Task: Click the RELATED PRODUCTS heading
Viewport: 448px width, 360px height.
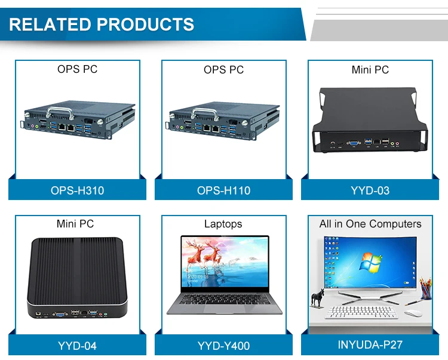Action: tap(102, 24)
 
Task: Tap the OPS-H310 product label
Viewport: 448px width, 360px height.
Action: tap(77, 190)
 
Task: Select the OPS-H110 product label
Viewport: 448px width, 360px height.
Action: tap(223, 190)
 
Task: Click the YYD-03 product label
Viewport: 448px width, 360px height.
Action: tap(370, 190)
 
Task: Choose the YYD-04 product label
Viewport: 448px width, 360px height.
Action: tap(77, 346)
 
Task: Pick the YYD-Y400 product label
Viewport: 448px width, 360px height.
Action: tap(223, 346)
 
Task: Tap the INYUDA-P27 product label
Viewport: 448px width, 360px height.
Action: tap(370, 345)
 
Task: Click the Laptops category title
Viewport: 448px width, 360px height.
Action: tap(223, 224)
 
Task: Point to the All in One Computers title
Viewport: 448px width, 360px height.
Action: tap(370, 224)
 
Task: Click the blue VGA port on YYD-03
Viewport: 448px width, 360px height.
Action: tap(353, 143)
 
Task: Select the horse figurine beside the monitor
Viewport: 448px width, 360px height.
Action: tap(317, 297)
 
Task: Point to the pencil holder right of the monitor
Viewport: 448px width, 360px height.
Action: tap(425, 289)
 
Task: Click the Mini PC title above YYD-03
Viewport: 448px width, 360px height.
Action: tap(370, 70)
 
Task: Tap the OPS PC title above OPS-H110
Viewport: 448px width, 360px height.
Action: tap(223, 70)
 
